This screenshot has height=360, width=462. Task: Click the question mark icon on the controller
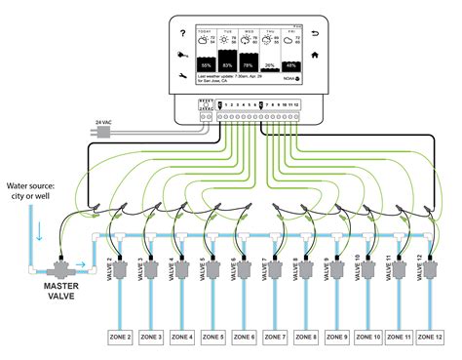[x=181, y=33]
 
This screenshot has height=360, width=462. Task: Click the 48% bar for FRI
[x=291, y=64]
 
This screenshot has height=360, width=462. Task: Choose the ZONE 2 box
[x=122, y=337]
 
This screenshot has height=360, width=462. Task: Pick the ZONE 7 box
[x=274, y=337]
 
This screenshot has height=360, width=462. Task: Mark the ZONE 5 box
[x=213, y=337]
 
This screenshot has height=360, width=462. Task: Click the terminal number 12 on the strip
[x=295, y=103]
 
